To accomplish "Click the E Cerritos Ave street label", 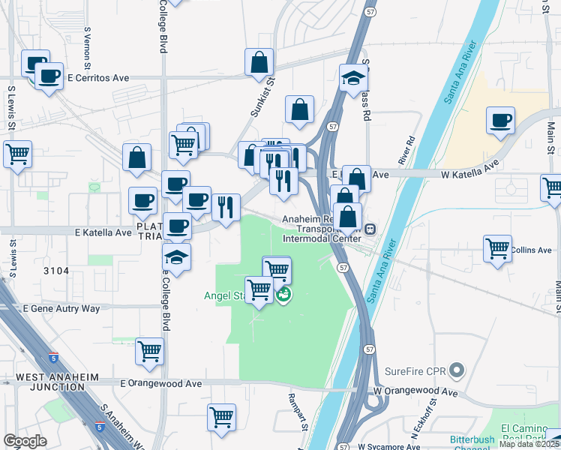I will click(98, 77).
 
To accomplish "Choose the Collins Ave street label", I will click(533, 250).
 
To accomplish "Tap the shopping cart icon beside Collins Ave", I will click(498, 249).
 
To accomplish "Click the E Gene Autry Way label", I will click(61, 308).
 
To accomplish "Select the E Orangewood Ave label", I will click(161, 383).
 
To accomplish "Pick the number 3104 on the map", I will click(56, 271).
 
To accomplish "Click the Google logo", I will click(25, 441).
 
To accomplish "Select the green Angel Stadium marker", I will click(283, 295).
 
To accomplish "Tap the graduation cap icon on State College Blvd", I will click(176, 256).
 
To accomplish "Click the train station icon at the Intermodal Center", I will click(372, 229).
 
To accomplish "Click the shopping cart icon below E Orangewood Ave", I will click(221, 417).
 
